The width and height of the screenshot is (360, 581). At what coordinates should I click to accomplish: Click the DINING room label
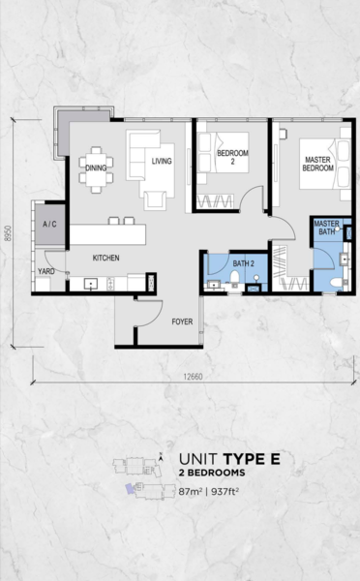pyautogui.click(x=96, y=168)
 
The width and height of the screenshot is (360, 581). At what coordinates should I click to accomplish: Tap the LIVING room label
pyautogui.click(x=162, y=161)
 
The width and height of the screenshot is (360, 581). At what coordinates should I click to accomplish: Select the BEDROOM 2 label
pyautogui.click(x=232, y=157)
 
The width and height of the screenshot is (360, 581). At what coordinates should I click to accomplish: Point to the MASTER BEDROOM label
pyautogui.click(x=317, y=164)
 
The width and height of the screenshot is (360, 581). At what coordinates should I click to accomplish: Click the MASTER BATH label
pyautogui.click(x=327, y=228)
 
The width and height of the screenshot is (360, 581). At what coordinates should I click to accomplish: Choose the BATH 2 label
pyautogui.click(x=243, y=263)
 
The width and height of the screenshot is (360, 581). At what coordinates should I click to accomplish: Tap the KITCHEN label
pyautogui.click(x=105, y=258)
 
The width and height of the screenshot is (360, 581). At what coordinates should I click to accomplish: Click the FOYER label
pyautogui.click(x=182, y=321)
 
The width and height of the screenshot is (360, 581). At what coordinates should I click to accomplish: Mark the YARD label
pyautogui.click(x=46, y=271)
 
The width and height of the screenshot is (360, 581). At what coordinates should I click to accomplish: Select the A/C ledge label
pyautogui.click(x=49, y=224)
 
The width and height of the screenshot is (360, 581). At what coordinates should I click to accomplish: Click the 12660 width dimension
pyautogui.click(x=193, y=377)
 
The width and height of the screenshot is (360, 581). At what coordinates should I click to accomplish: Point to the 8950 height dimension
pyautogui.click(x=8, y=233)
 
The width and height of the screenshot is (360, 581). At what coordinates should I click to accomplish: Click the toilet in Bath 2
pyautogui.click(x=235, y=278)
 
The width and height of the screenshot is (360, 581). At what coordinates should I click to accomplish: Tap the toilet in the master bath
pyautogui.click(x=338, y=283)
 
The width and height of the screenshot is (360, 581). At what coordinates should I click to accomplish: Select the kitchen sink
pyautogui.click(x=91, y=284)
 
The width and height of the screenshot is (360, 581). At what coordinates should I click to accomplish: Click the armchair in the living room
pyautogui.click(x=155, y=200)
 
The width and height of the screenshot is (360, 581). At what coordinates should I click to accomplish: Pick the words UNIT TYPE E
pyautogui.click(x=229, y=459)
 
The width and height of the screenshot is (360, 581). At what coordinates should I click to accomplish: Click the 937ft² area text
pyautogui.click(x=225, y=492)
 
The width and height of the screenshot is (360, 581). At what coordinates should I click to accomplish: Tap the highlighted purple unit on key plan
pyautogui.click(x=130, y=488)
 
